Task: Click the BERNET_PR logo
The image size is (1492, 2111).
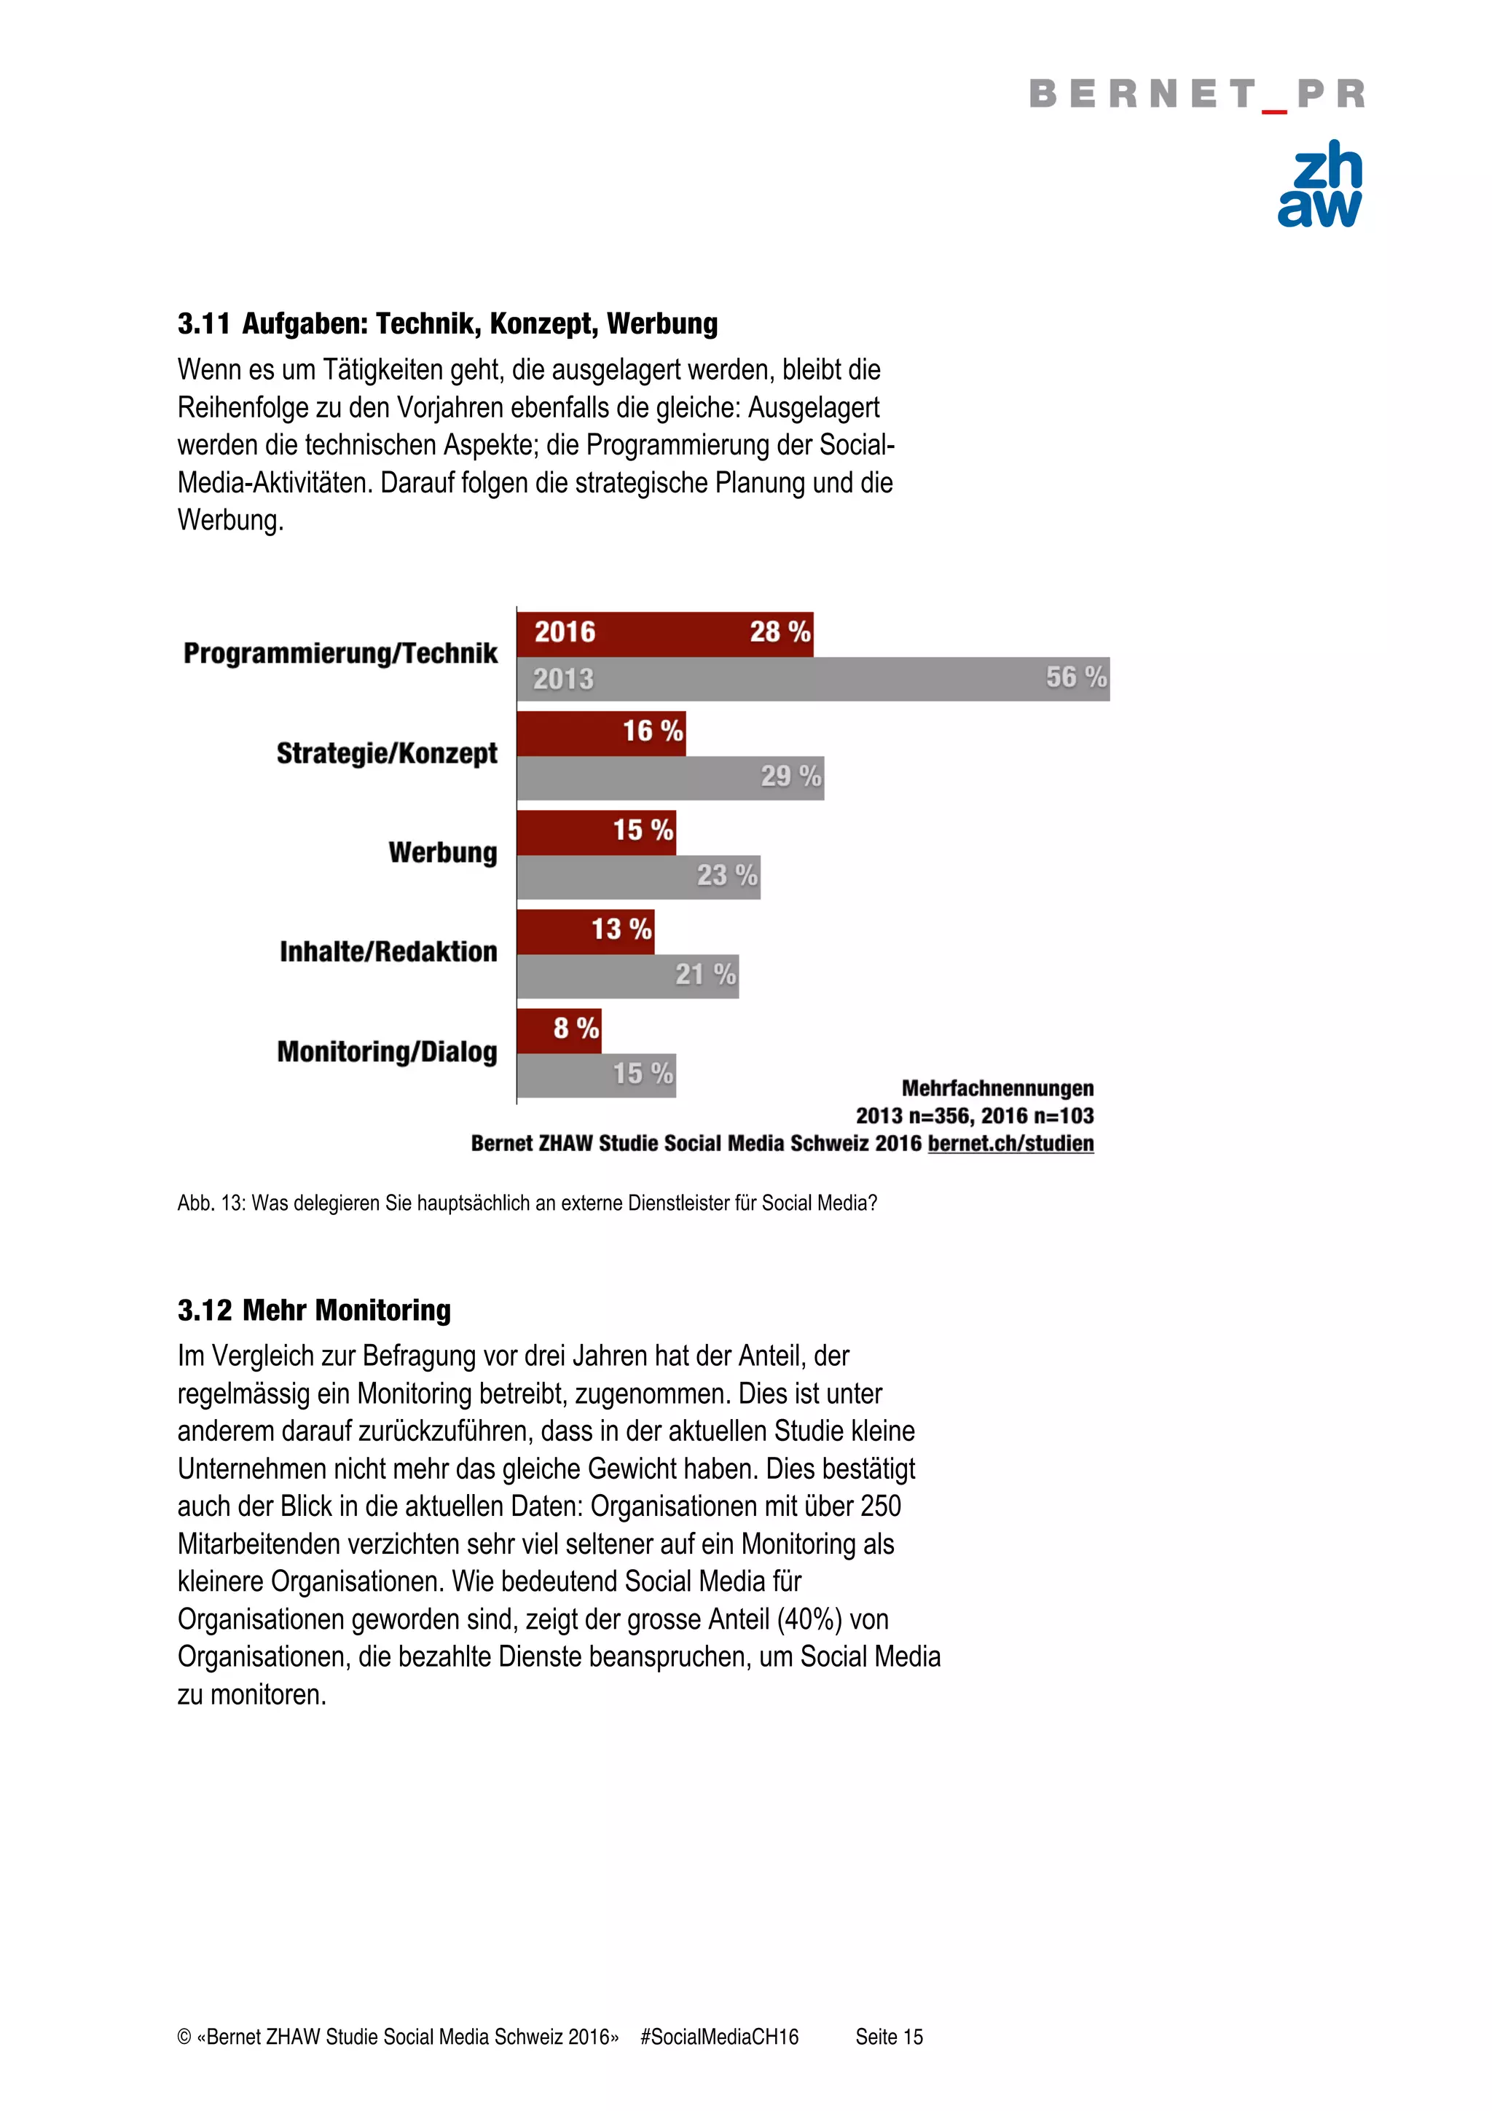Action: (1196, 94)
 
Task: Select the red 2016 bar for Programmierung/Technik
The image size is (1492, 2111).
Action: (664, 634)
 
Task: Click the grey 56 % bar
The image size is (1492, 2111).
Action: (812, 680)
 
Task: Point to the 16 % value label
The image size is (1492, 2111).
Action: (653, 732)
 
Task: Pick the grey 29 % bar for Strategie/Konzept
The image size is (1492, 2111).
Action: (670, 778)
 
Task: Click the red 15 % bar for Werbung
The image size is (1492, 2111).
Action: (596, 832)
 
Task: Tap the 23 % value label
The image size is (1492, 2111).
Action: (727, 876)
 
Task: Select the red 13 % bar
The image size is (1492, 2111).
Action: (585, 932)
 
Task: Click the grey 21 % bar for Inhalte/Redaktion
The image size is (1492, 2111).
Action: (627, 976)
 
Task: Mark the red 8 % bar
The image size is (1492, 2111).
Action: (558, 1031)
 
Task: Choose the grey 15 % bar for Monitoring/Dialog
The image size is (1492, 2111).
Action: (596, 1075)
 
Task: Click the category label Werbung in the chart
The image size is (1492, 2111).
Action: (442, 852)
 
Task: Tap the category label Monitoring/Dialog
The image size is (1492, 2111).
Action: (387, 1052)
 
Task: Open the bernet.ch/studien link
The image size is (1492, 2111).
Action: (1010, 1144)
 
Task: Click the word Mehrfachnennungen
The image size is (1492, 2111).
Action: (997, 1088)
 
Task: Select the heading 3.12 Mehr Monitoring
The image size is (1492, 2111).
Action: (315, 1310)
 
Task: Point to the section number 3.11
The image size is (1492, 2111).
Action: (203, 323)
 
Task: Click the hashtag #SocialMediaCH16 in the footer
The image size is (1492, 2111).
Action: (719, 2037)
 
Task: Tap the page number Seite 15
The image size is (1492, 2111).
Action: (889, 2037)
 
